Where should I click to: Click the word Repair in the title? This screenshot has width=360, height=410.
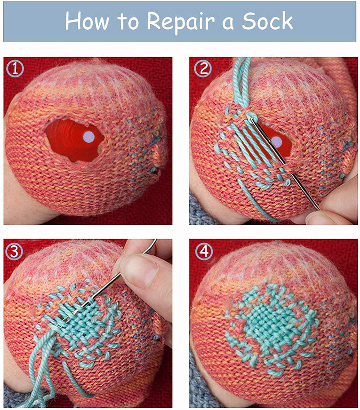pyautogui.click(x=180, y=22)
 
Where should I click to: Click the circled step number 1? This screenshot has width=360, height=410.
pyautogui.click(x=15, y=69)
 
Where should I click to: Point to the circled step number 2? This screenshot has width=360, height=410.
pyautogui.click(x=203, y=69)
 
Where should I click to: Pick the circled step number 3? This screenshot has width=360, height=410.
pyautogui.click(x=14, y=252)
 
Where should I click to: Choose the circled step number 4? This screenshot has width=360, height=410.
pyautogui.click(x=204, y=252)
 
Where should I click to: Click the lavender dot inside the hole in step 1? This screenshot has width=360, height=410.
pyautogui.click(x=89, y=137)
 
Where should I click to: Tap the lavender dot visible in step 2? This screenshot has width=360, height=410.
pyautogui.click(x=276, y=142)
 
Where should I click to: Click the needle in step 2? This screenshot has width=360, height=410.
pyautogui.click(x=284, y=163)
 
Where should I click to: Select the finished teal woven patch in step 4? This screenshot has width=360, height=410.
pyautogui.click(x=272, y=325)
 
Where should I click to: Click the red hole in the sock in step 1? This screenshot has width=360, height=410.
pyautogui.click(x=75, y=140)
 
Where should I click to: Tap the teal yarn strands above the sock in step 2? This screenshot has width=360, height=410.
pyautogui.click(x=241, y=82)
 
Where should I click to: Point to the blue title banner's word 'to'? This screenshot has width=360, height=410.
pyautogui.click(x=128, y=22)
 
